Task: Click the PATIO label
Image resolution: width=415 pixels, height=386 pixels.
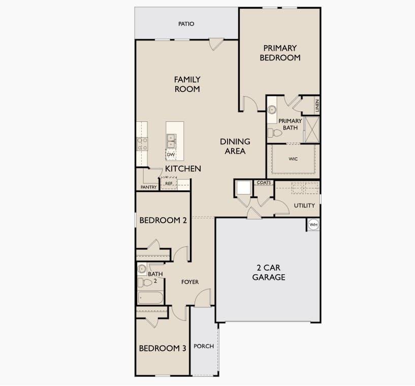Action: coord(186,24)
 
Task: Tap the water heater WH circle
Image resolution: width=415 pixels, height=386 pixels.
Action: coord(313,224)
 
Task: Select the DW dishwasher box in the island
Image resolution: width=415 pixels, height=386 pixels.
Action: coord(171,154)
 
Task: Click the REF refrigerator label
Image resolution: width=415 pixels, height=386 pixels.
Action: coord(169,183)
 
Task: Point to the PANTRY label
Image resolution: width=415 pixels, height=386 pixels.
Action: coord(148,187)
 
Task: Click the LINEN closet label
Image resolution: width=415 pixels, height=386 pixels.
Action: coord(317,105)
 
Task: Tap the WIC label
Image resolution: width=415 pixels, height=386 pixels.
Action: coord(293,159)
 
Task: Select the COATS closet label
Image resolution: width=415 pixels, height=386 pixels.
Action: coord(264,182)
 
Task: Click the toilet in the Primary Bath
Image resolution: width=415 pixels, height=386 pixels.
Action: coord(275,133)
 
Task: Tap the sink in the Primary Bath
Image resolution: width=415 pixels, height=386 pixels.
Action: coord(272,110)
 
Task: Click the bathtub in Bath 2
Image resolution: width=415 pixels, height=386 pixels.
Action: coord(150,298)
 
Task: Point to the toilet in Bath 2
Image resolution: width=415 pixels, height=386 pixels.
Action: coord(144,282)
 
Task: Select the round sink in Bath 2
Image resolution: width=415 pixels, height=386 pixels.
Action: coord(142,269)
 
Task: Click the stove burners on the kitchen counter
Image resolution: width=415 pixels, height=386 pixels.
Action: coord(142,144)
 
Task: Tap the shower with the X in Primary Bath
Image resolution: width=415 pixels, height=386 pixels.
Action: coord(312,130)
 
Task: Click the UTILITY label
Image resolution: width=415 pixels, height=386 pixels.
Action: coord(304,205)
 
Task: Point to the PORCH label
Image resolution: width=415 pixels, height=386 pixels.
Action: coord(204,346)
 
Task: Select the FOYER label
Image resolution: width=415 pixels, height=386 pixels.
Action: coord(190,282)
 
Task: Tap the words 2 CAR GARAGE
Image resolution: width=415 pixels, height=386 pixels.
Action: coord(269,272)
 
